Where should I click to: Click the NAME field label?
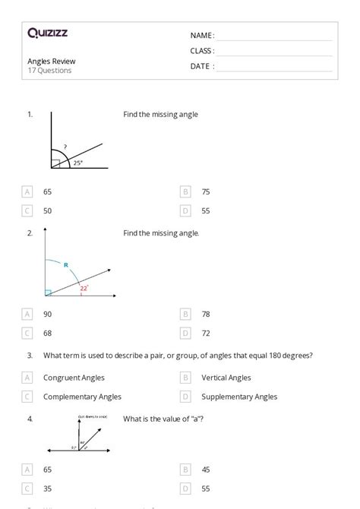pos(202,36)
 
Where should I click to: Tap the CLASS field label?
pos(202,51)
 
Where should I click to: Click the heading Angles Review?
pos(52,61)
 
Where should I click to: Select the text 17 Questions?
pos(50,71)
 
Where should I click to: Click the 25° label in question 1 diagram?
pos(78,163)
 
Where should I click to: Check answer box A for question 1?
pos(28,192)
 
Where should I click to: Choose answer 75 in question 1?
pos(206,192)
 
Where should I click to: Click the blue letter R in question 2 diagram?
pos(66,265)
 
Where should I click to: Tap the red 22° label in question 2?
pos(84,288)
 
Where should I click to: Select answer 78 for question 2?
pos(206,314)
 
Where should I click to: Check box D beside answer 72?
pos(185,333)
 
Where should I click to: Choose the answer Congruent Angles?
pos(74,378)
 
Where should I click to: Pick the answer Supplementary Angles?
pos(239,397)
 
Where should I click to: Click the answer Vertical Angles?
pos(226,378)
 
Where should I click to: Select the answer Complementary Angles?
pos(82,397)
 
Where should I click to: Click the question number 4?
pos(30,419)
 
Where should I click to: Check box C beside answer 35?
pos(28,488)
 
